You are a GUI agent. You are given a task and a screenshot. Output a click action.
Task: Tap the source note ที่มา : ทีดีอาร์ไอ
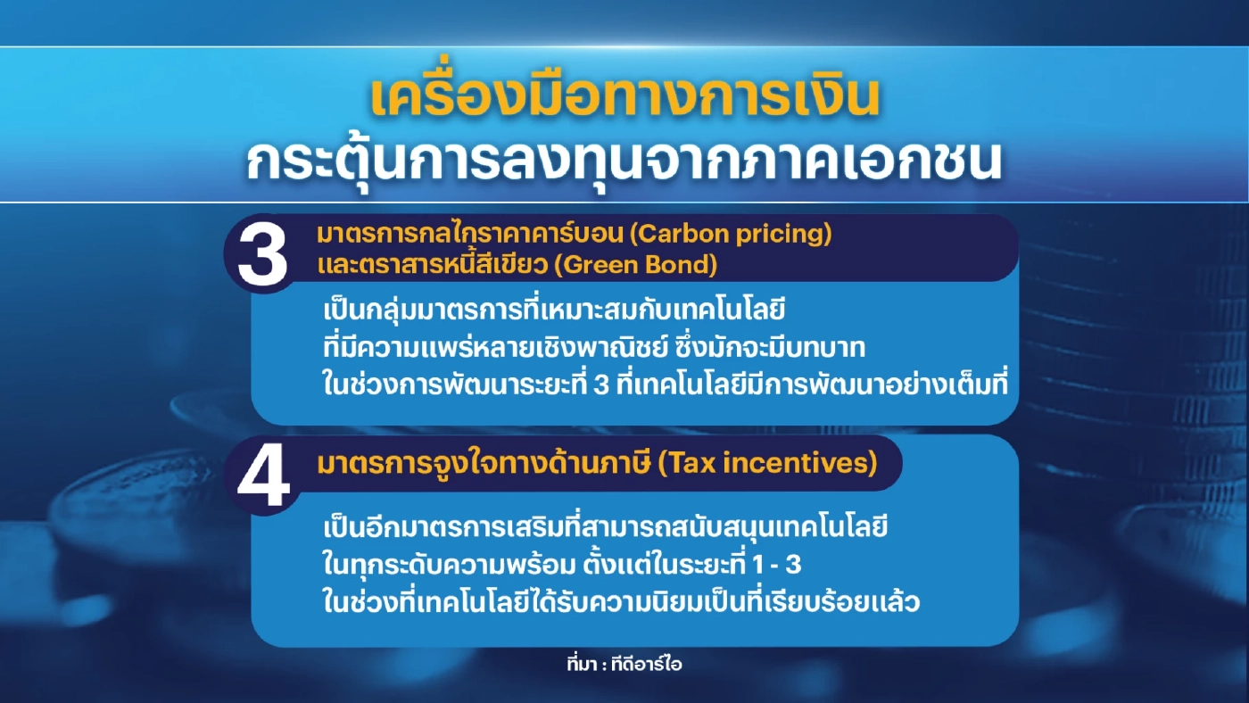click(x=624, y=664)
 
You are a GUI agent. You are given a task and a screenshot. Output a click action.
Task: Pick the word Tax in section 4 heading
click(x=688, y=464)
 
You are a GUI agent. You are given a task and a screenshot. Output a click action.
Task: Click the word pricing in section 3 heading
click(x=785, y=236)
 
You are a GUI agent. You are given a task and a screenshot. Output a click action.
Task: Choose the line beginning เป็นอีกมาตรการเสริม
click(x=607, y=528)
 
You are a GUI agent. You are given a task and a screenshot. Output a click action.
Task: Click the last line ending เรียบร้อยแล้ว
click(x=621, y=604)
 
